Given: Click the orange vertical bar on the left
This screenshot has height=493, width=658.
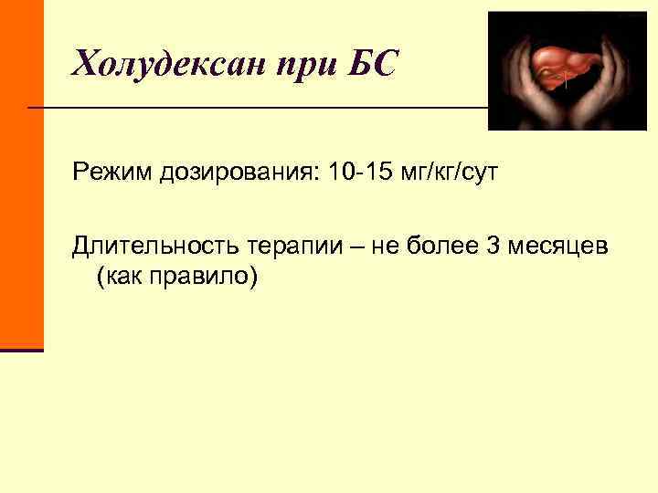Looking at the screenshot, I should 21,173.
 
